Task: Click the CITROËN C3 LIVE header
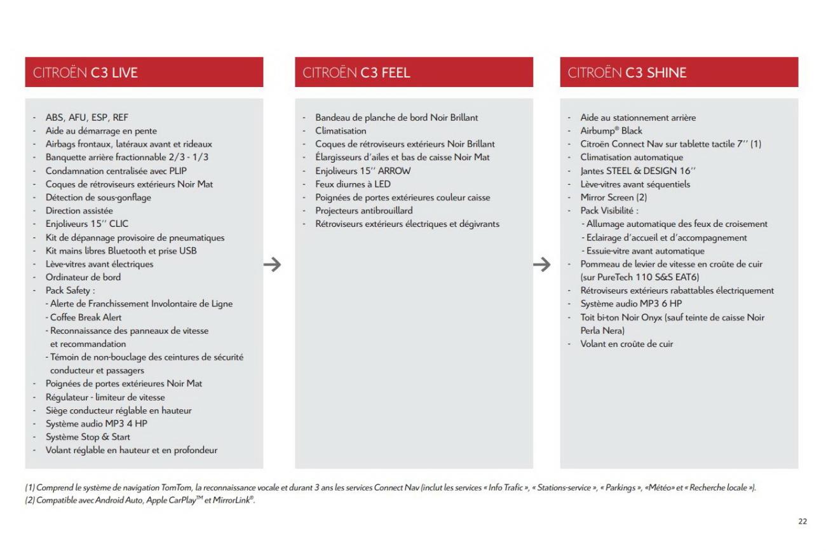(x=85, y=72)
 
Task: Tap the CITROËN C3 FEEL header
(x=356, y=72)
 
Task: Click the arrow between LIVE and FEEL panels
(x=272, y=264)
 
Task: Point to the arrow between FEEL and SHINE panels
(x=541, y=264)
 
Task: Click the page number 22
(x=802, y=521)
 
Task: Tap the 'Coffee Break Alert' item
(x=83, y=317)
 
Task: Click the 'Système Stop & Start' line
(x=88, y=437)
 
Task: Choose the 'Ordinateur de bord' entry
(x=83, y=277)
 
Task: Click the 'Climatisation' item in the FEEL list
(x=341, y=131)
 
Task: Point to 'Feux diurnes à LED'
(x=354, y=184)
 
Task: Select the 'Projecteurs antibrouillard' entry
(x=363, y=211)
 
